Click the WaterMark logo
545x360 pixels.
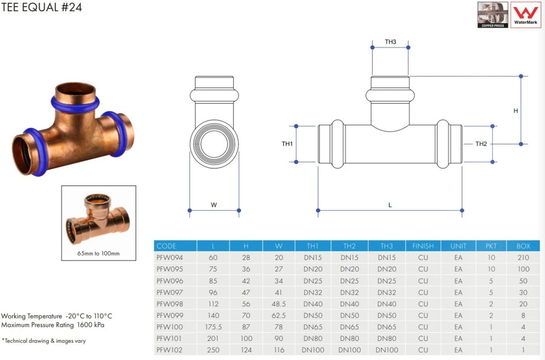coord(525,14)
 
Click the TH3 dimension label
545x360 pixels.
coord(390,42)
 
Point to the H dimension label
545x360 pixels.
coord(516,111)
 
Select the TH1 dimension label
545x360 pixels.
coord(287,144)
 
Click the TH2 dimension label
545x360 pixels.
coord(481,144)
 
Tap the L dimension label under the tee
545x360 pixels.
coord(390,205)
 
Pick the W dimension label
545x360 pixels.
coord(214,205)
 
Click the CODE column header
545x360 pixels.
coord(167,246)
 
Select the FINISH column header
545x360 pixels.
coord(423,246)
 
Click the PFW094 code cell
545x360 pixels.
coord(170,258)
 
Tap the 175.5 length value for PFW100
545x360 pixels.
coord(213,327)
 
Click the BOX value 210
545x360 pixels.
coord(523,258)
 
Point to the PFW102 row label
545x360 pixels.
coord(170,350)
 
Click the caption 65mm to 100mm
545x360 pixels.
coord(98,254)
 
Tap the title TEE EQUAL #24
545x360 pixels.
coord(41,7)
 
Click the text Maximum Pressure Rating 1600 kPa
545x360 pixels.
coord(53,325)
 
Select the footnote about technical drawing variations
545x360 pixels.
coord(44,340)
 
